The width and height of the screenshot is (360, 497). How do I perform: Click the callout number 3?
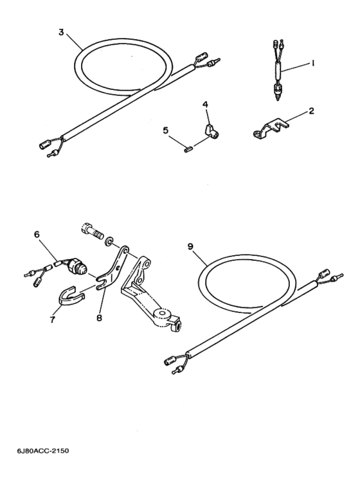coord(62,32)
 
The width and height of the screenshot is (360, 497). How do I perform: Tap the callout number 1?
coord(313,64)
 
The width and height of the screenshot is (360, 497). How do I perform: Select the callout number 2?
coord(312,111)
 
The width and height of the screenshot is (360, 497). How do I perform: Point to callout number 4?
coord(205,104)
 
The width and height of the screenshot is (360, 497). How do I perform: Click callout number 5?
coord(166,131)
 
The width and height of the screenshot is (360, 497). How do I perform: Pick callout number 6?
coord(37,234)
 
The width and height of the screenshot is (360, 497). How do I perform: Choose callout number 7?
coord(52,319)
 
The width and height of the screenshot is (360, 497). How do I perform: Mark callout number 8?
coord(99,318)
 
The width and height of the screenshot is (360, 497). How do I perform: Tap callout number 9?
coord(190,246)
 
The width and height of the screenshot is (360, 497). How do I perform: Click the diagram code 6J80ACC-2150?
coord(43,451)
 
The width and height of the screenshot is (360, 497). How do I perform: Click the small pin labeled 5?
coord(187,149)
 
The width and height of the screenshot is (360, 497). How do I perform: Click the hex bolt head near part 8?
coord(87,228)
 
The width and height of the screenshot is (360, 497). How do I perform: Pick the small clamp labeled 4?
coord(210,132)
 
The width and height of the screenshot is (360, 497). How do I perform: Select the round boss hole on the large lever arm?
coord(163,314)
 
